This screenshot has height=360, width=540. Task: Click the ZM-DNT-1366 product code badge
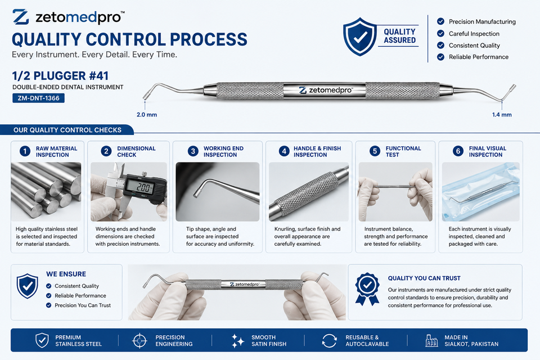39,98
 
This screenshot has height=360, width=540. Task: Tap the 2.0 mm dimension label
147,115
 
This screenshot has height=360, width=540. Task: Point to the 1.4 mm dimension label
502,115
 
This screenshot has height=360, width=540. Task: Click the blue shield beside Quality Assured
359,37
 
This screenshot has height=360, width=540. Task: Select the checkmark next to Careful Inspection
440,33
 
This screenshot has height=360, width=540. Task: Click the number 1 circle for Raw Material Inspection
25,151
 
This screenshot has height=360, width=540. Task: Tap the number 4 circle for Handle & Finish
283,151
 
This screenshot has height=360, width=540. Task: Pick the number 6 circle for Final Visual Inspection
458,151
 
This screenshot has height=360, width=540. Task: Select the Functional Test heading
403,151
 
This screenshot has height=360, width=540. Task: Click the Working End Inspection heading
223,151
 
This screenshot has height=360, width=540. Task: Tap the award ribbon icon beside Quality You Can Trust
367,289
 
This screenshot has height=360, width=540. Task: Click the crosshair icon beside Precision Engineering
139,341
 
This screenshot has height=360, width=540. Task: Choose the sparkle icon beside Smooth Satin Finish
237,341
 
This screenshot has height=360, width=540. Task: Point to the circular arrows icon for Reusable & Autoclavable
329,341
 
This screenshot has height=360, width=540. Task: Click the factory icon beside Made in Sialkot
431,340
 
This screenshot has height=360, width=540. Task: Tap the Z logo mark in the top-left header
21,17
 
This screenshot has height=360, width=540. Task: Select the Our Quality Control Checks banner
67,130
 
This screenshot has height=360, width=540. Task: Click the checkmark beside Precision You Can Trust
48,305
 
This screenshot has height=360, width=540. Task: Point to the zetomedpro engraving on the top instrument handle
326,90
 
